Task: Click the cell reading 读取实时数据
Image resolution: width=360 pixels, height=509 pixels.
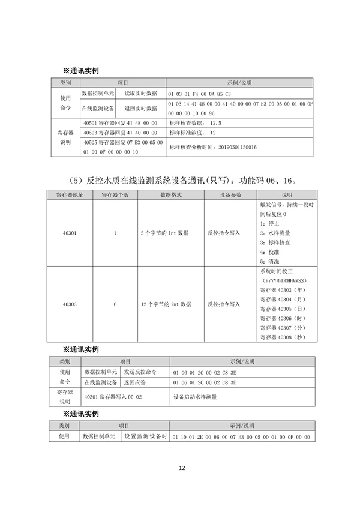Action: pyautogui.click(x=140, y=94)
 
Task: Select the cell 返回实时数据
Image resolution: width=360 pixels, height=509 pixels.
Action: pyautogui.click(x=140, y=109)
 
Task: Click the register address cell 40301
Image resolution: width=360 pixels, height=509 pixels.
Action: pyautogui.click(x=69, y=233)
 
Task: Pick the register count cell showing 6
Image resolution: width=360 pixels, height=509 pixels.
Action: pyautogui.click(x=115, y=304)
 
